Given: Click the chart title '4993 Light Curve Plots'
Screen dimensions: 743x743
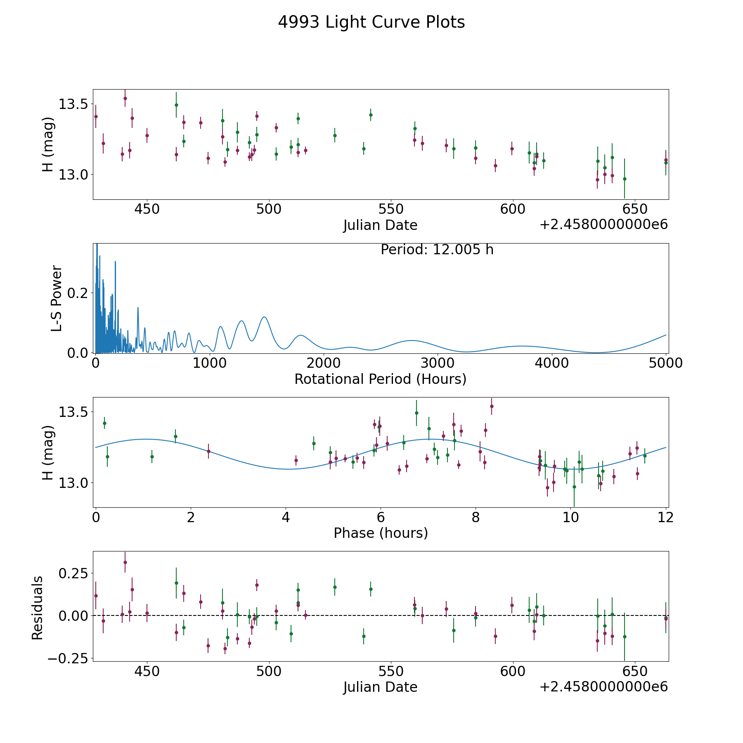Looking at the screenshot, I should point(371,22).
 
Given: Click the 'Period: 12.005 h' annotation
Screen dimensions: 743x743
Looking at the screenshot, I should point(437,250).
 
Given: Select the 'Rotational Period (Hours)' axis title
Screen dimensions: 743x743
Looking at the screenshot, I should point(380,379).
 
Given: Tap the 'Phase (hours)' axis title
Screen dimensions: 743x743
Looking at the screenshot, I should point(381,533).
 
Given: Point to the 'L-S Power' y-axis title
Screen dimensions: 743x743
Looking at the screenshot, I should point(57,298).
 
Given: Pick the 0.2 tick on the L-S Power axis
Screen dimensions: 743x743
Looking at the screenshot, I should point(78,293).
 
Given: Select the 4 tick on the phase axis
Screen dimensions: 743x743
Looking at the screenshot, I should point(286,517).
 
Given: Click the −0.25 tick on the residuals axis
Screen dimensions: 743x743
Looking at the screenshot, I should point(67,658).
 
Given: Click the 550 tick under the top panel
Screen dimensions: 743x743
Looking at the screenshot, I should point(390,209).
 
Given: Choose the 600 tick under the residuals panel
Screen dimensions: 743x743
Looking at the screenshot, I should point(512,671).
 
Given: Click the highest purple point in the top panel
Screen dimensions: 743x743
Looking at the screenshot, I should point(125,98).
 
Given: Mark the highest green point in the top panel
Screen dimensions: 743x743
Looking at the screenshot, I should point(176,105).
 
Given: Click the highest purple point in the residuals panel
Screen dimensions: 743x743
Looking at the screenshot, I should point(125,562).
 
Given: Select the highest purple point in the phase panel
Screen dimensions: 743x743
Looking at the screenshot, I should point(492,406).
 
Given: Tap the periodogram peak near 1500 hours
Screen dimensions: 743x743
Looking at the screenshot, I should point(264,317).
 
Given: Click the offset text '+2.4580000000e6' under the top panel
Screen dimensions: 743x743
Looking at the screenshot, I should point(603,225).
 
